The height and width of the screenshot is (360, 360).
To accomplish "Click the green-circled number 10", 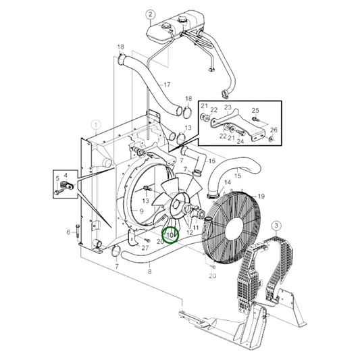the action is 170,235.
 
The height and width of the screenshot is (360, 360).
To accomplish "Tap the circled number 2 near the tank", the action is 151,15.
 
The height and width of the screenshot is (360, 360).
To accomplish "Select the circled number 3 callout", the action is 276,226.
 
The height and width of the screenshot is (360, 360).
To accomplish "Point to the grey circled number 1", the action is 96,125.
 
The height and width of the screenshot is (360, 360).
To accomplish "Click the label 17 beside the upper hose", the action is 167,84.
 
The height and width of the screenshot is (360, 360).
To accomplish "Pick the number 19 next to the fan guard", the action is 261,197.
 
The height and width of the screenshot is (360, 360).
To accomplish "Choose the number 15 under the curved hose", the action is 238,176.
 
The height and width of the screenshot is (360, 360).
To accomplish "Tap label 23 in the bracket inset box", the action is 228,107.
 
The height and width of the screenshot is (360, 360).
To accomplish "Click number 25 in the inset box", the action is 255,111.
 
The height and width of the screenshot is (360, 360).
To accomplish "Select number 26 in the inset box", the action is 274,130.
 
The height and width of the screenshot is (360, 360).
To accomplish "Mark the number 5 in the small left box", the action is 57,178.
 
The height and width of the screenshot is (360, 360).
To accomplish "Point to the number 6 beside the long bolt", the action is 68,232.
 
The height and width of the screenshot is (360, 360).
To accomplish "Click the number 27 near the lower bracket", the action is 145,248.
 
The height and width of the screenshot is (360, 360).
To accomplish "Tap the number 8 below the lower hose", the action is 150,272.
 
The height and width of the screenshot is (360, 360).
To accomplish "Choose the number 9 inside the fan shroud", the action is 141,211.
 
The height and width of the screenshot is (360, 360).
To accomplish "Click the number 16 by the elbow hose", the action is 211,161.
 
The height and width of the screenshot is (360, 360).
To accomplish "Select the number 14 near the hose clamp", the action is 228,182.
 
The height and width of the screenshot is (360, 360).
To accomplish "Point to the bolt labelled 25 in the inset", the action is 255,119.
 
